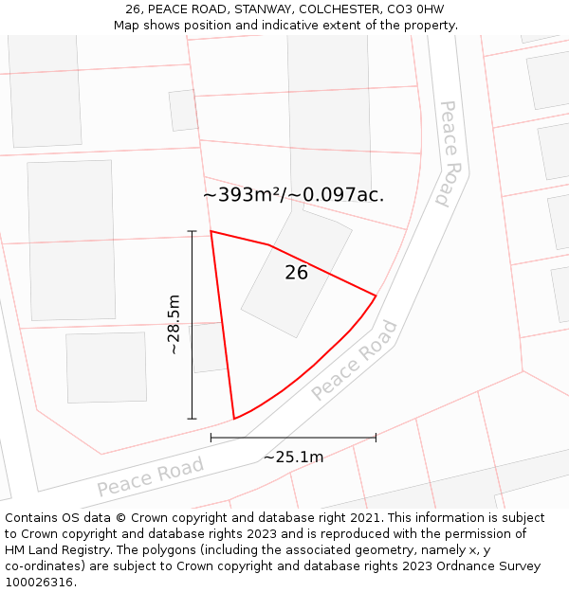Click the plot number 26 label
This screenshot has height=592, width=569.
[x=296, y=273]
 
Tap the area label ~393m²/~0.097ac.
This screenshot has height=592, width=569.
[x=293, y=195]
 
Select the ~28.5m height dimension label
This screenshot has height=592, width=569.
[x=174, y=325]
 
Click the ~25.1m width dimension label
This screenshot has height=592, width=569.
[x=293, y=457]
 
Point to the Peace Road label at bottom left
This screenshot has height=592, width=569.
[x=150, y=476]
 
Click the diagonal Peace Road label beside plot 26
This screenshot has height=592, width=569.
[x=354, y=360]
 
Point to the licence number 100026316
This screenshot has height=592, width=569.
[x=38, y=583]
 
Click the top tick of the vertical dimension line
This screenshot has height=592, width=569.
[x=192, y=231]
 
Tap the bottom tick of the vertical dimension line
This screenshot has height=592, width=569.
[x=192, y=419]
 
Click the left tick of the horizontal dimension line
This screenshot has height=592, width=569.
[x=211, y=438]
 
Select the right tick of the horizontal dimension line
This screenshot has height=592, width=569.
[x=376, y=438]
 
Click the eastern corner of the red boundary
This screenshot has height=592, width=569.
[x=376, y=296]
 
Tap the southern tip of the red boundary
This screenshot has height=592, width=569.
[x=234, y=419]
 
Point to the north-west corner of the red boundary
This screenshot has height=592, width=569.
[x=211, y=231]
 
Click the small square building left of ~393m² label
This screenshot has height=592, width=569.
[x=183, y=110]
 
